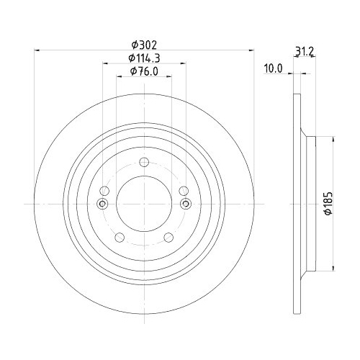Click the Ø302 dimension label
coord(144,45)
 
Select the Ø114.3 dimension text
coord(144,58)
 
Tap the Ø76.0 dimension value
coord(144,71)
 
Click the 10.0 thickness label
coord(274,68)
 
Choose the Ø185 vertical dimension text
coord(328,203)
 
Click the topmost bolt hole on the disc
coord(144,162)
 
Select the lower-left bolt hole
coord(120,238)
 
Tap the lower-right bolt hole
coord(168,238)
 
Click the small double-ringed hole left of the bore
coord(102,204)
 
